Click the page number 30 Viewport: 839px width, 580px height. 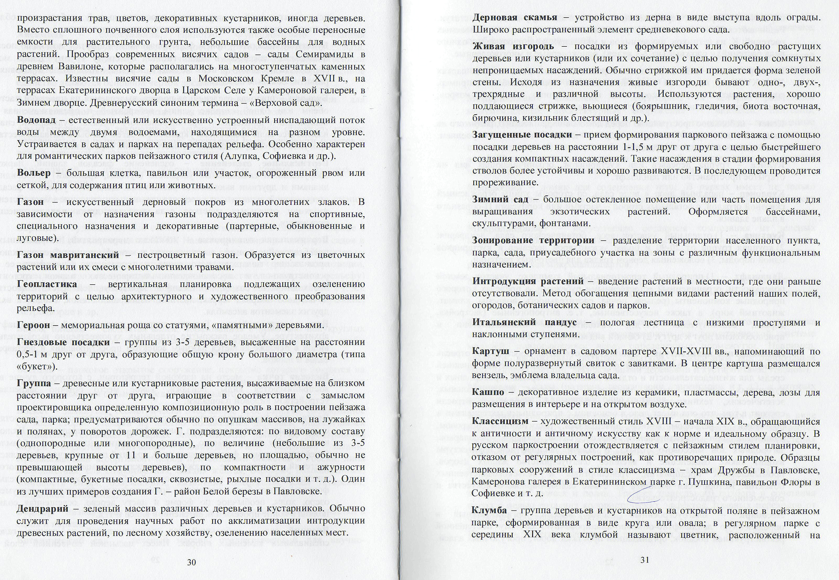coord(191,562)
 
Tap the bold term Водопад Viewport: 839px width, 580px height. coord(36,120)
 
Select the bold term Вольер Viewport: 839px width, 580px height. coord(34,173)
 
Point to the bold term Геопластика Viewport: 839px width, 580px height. coord(47,284)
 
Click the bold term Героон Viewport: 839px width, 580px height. coord(33,325)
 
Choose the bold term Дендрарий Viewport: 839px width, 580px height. coord(43,508)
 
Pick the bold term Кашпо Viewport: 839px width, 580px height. coord(488,392)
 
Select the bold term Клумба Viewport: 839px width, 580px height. coord(490,510)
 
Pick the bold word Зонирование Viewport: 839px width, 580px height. coord(503,240)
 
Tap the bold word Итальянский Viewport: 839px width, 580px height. coord(504,322)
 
